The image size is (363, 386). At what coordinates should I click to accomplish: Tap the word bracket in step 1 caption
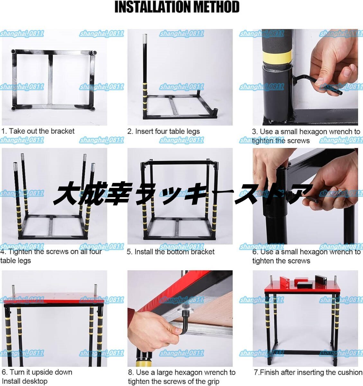(x=62, y=131)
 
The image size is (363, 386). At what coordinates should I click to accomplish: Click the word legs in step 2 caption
(x=193, y=132)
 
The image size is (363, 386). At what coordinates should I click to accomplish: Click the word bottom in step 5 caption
(x=178, y=252)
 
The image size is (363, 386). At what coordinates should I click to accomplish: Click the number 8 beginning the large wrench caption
(x=130, y=373)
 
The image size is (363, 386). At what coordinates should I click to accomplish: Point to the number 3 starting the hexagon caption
(x=254, y=132)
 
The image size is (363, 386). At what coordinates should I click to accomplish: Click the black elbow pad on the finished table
(x=321, y=280)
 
